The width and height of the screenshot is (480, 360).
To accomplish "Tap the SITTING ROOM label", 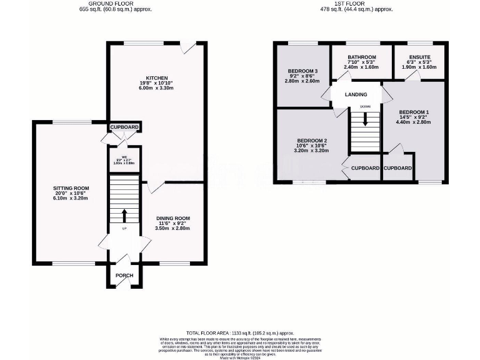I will coord(71,187).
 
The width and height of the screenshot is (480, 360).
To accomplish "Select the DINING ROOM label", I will coord(173,218).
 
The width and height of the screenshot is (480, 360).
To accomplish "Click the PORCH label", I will coord(124,276).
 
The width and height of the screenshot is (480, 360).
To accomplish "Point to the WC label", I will coord(124,157).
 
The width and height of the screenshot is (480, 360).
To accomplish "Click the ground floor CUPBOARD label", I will coord(124,127).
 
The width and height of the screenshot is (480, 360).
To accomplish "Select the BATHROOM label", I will coord(362,57).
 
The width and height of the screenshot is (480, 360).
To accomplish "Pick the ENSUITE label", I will coord(420,57).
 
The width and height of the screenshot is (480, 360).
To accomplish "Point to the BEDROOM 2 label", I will coord(311,140).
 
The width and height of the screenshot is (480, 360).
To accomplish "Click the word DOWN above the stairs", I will coord(365,107).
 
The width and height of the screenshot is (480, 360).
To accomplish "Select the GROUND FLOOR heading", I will coord(117,4).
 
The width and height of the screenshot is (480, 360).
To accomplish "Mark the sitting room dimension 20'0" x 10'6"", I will coord(71,193).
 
